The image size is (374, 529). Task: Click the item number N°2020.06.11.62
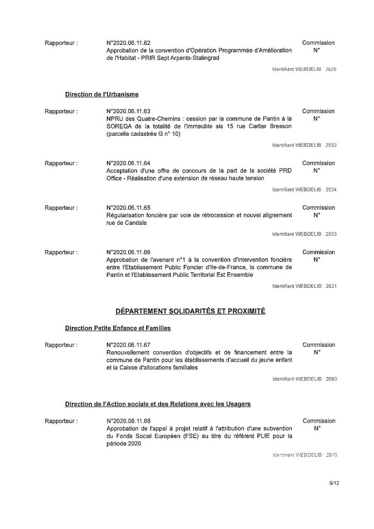[x=128, y=43]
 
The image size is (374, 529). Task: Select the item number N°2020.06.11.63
[x=128, y=111]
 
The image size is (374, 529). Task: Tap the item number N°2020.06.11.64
[x=128, y=163]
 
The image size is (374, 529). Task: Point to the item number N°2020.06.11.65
[x=128, y=208]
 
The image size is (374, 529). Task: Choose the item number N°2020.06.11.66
[x=128, y=253]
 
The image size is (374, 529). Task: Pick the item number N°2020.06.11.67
[x=128, y=345]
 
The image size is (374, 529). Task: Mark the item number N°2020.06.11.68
[x=128, y=421]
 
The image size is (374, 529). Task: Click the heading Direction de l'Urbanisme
[x=102, y=95]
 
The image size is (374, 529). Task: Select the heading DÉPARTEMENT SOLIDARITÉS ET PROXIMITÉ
[x=190, y=311]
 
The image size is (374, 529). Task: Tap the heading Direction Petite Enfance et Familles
[x=118, y=328]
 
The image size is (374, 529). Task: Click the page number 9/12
[x=334, y=484]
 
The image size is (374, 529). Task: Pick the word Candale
[x=135, y=223]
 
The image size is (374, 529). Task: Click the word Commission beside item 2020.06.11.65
[x=318, y=208]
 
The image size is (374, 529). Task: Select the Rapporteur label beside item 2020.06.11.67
[x=61, y=345]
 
